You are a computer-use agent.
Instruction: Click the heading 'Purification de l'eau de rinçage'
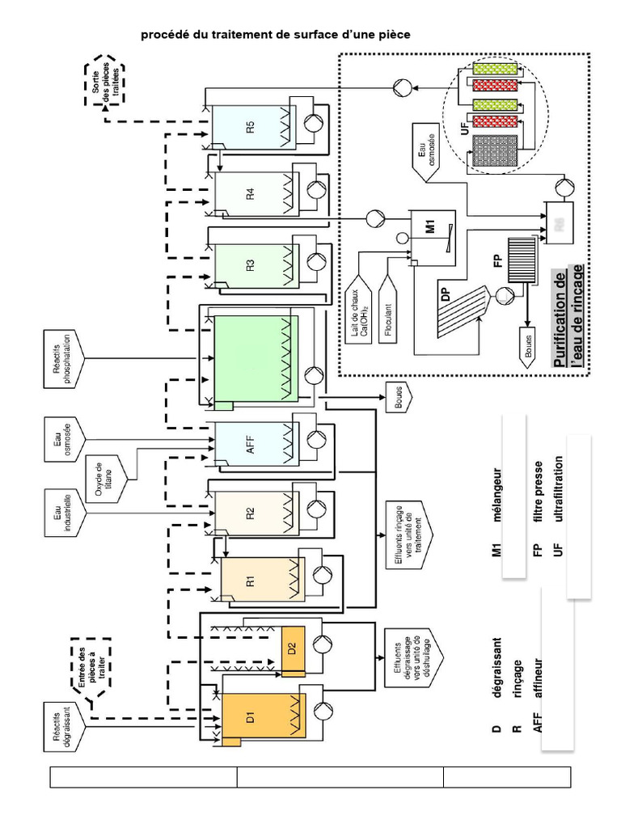coord(568,320)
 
